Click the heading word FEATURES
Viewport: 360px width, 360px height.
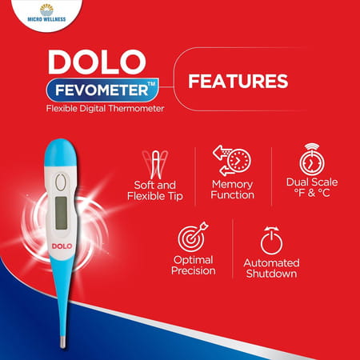point(237,81)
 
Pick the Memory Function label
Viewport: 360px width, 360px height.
point(232,190)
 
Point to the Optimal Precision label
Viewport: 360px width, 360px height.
point(193,266)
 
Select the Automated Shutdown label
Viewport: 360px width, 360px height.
point(270,268)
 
